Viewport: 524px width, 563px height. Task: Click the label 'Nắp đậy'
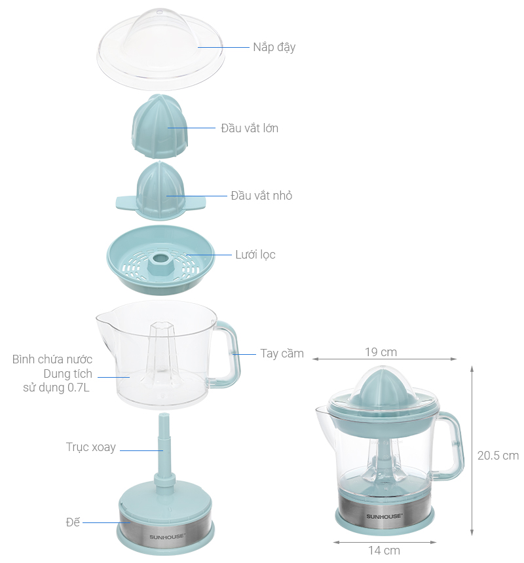(274, 47)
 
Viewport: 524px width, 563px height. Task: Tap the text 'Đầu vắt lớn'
(249, 128)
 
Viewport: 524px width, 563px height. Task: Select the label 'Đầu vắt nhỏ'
(261, 196)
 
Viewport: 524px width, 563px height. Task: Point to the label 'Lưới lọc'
(255, 255)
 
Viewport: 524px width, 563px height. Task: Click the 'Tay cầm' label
(282, 354)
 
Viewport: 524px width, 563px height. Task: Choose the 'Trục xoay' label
(90, 447)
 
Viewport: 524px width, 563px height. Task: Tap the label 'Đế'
(73, 522)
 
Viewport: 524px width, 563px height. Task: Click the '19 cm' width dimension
(381, 352)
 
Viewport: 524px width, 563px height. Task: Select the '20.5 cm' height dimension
(497, 456)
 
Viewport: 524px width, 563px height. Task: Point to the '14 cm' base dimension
(384, 550)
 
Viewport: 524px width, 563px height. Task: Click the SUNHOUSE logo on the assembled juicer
(384, 516)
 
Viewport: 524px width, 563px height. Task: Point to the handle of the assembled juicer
(451, 445)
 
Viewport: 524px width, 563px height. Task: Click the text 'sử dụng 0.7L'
(58, 388)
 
